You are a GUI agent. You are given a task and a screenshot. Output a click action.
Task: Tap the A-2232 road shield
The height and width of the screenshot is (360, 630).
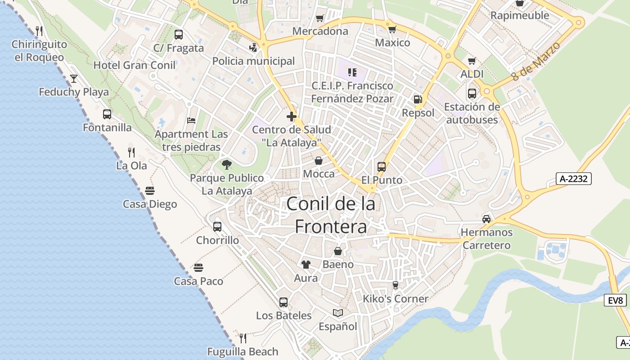tap(573, 179)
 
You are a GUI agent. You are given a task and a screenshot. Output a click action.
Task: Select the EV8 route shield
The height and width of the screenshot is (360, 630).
tap(615, 300)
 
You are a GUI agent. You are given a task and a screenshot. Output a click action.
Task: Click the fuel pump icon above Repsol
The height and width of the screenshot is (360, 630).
tap(418, 99)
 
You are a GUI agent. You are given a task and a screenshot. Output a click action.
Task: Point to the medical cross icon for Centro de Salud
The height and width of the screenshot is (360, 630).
tap(292, 117)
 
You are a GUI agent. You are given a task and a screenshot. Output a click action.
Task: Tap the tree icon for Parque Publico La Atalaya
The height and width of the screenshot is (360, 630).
tap(227, 165)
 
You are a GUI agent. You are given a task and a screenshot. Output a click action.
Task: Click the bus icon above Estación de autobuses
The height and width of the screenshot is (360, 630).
tap(472, 94)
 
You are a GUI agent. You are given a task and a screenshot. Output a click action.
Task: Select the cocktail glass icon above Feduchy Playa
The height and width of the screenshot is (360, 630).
tap(74, 79)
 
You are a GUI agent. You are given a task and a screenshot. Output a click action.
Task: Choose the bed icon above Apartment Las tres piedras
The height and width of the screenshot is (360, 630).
tap(191, 121)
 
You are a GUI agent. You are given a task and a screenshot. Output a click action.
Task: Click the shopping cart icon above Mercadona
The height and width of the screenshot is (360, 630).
tap(320, 18)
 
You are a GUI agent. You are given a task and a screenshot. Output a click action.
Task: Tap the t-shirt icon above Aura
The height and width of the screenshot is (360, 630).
tap(306, 265)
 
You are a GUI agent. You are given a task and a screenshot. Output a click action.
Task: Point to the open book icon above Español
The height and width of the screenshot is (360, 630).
tap(338, 313)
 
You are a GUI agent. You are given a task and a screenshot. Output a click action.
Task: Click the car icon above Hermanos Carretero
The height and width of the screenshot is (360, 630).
tap(486, 219)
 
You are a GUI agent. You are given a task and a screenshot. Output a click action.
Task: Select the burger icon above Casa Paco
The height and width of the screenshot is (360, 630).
tap(199, 268)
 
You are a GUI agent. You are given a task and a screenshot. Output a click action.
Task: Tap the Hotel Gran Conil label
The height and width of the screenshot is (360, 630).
tap(134, 65)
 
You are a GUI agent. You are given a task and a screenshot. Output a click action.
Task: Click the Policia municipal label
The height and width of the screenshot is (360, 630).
tap(253, 61)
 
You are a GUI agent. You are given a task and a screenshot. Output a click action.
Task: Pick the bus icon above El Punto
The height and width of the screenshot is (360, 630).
tap(382, 167)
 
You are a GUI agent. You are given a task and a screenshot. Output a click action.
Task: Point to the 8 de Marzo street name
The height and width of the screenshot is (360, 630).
tap(536, 62)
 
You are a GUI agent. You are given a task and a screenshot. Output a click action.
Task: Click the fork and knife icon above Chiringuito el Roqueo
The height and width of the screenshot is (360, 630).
tap(39, 31)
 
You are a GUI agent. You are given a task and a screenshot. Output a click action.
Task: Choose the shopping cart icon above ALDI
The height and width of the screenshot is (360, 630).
tap(472, 61)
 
